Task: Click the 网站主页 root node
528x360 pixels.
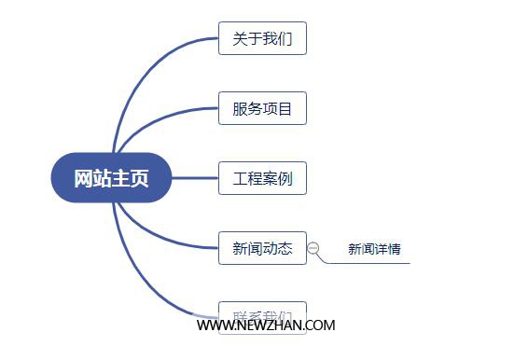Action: pos(111,177)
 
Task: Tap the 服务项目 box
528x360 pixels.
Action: pos(262,108)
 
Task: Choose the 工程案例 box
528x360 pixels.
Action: pos(262,177)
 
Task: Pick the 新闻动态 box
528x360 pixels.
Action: pos(262,248)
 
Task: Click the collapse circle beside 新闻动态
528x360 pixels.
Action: pos(313,248)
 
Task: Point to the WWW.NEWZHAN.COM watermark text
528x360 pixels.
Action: pos(266,325)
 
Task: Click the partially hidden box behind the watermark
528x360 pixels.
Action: pos(262,311)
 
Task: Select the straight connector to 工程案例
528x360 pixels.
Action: pos(195,177)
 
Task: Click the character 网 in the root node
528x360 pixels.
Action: pos(84,177)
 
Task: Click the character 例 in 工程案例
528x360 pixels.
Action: pos(285,177)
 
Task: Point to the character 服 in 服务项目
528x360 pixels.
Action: pos(240,108)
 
